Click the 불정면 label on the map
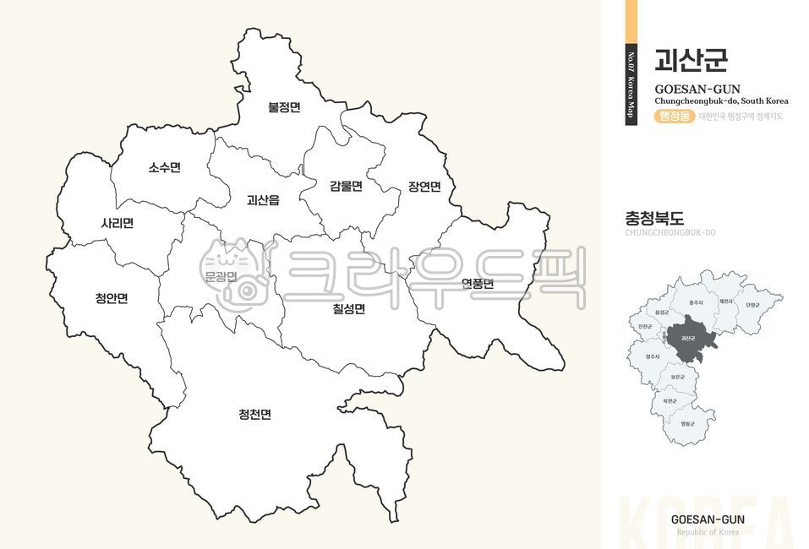(x=284, y=107)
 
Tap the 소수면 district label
(x=164, y=167)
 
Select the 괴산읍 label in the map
(x=263, y=200)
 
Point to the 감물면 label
(x=346, y=186)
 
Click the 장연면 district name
(x=424, y=187)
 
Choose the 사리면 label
(x=117, y=224)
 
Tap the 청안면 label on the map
(x=112, y=297)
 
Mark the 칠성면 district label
(x=348, y=308)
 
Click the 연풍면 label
(x=478, y=284)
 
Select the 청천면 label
(x=254, y=414)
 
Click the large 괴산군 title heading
(x=691, y=60)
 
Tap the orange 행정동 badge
(x=674, y=116)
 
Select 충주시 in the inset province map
(x=696, y=302)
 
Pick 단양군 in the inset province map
(x=752, y=305)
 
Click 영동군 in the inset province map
(x=687, y=422)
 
